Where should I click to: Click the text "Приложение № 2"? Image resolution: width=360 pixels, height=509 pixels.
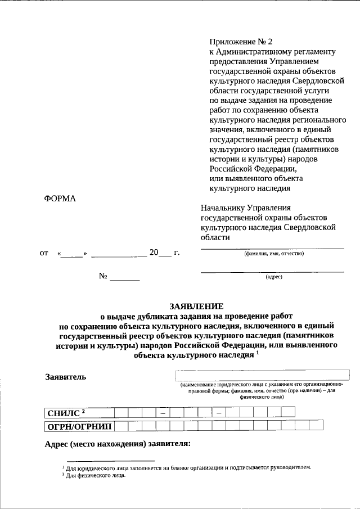coord(240,42)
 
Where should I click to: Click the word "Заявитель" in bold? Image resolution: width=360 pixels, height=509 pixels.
coord(65,377)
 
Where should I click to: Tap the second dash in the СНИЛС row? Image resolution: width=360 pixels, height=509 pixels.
coord(218,413)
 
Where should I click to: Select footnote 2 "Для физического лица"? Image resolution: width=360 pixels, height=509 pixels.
coord(93,476)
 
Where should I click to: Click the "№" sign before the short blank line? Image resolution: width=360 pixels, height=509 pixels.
coord(103,276)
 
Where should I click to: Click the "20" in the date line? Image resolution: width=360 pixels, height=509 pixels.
coord(154,253)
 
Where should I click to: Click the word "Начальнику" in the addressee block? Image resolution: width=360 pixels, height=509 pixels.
coord(224,208)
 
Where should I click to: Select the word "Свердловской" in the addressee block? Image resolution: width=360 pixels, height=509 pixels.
coord(312,227)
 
